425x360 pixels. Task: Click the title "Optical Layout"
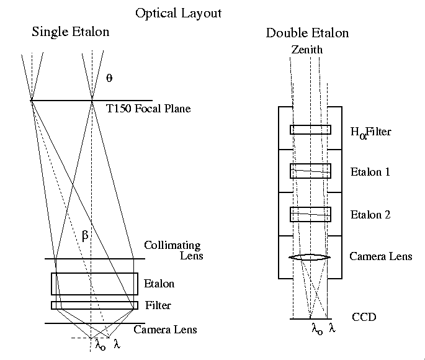pyautogui.click(x=178, y=12)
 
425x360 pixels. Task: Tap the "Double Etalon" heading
pyautogui.click(x=307, y=33)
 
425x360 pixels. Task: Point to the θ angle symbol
pyautogui.click(x=109, y=78)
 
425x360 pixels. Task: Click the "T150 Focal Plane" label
pyautogui.click(x=148, y=109)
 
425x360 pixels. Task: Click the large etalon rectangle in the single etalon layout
pyautogui.click(x=94, y=284)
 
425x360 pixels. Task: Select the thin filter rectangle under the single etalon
pyautogui.click(x=94, y=305)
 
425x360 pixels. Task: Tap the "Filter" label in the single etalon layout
pyautogui.click(x=158, y=305)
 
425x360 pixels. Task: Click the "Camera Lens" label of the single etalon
pyautogui.click(x=165, y=330)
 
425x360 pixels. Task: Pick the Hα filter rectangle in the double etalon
pyautogui.click(x=310, y=130)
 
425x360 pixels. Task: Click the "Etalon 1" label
pyautogui.click(x=370, y=172)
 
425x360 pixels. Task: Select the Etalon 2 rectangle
pyautogui.click(x=310, y=214)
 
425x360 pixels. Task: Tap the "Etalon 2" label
pyautogui.click(x=370, y=215)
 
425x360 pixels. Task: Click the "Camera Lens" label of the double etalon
pyautogui.click(x=381, y=256)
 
